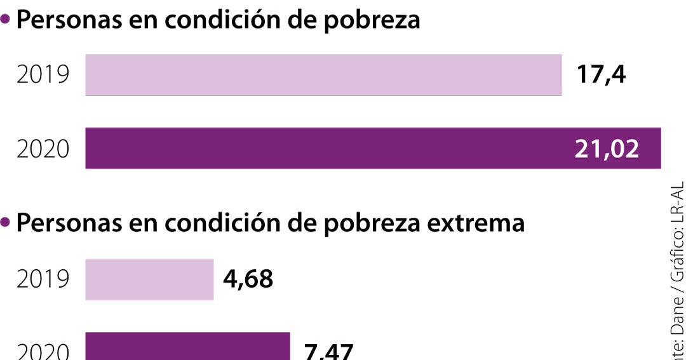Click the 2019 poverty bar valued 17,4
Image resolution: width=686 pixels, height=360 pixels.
pos(323,76)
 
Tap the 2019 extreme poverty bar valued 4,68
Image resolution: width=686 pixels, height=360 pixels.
pos(149,279)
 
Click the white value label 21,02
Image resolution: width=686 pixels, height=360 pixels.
pos(607,149)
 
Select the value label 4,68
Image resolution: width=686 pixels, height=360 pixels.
pos(248,279)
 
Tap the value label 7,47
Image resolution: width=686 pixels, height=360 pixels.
pos(328,351)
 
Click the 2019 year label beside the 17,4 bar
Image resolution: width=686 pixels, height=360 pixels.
pos(43,76)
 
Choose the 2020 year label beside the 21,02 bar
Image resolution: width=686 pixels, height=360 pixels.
pos(43,149)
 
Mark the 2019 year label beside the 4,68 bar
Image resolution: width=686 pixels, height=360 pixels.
pos(43,279)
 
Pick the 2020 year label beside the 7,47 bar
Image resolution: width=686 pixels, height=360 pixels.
pos(43,351)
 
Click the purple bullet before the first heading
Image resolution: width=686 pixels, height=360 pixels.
pos(6,20)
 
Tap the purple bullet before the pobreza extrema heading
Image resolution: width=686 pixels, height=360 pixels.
pos(6,223)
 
